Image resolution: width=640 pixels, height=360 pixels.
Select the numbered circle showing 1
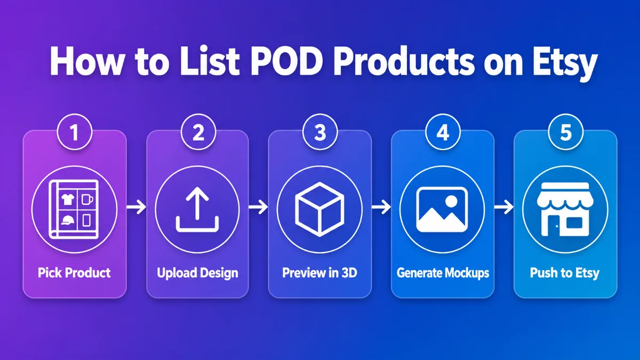click(x=75, y=132)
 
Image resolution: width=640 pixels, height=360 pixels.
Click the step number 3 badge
click(x=320, y=132)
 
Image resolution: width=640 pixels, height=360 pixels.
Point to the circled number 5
click(x=566, y=132)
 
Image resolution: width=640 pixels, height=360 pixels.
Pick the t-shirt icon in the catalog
click(x=68, y=198)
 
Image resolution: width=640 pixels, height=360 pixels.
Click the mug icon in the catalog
click(x=87, y=199)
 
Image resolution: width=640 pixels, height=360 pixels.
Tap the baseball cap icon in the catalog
click(x=67, y=220)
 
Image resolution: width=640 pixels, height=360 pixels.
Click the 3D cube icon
click(x=319, y=209)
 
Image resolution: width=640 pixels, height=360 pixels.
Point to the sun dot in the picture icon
click(x=451, y=201)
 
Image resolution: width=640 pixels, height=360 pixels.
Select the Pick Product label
click(x=74, y=273)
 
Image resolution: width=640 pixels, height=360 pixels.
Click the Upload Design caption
click(x=197, y=273)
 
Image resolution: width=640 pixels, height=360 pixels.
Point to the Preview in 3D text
click(x=319, y=273)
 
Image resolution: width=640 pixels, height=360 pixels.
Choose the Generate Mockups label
click(x=443, y=273)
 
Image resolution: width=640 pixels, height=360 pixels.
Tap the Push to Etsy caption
click(x=565, y=273)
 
